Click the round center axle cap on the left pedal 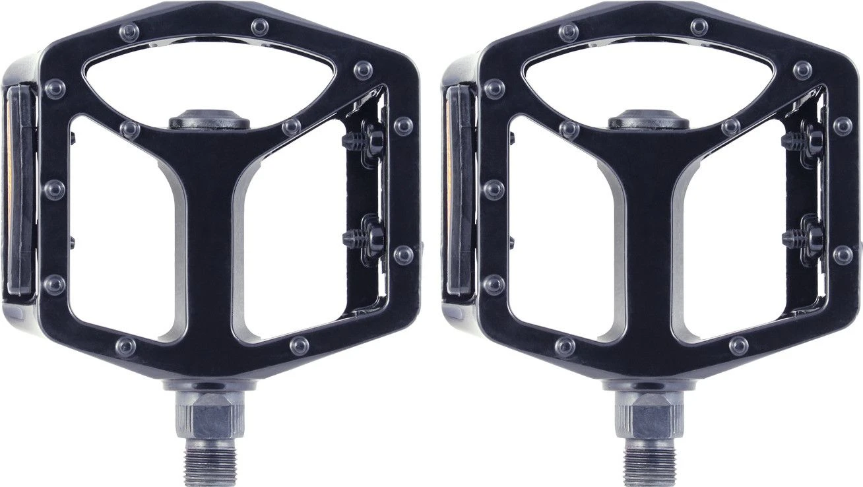[209, 121]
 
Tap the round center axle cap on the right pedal [649, 121]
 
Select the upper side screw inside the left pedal [371, 139]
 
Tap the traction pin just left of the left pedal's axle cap [131, 129]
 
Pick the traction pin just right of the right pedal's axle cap [730, 127]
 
